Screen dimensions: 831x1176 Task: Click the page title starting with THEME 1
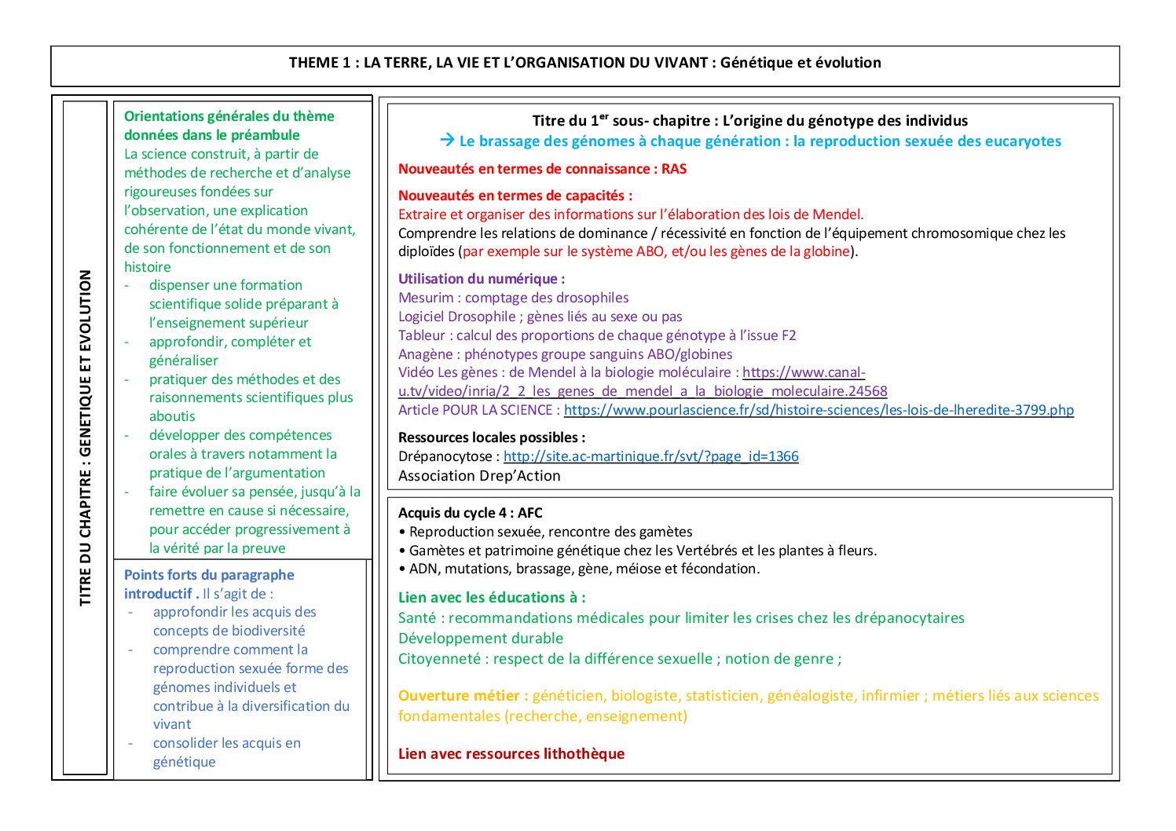[584, 63]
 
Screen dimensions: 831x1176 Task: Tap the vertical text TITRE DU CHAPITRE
[86, 437]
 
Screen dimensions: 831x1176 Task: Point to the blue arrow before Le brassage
[447, 141]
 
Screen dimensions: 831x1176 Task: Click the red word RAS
[674, 169]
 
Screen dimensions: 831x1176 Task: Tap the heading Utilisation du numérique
[481, 279]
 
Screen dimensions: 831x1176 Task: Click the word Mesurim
[426, 298]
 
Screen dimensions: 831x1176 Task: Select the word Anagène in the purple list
[427, 354]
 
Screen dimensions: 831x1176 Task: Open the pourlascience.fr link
[818, 410]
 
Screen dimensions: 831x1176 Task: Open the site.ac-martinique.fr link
[650, 456]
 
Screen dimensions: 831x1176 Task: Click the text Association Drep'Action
[479, 476]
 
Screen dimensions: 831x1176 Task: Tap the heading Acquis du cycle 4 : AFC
[470, 513]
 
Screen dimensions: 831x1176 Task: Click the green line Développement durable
[480, 639]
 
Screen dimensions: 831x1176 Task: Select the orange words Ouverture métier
[462, 696]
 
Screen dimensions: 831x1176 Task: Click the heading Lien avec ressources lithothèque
[511, 754]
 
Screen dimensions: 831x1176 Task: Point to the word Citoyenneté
[438, 659]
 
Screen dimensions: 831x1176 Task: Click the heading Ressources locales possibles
[491, 437]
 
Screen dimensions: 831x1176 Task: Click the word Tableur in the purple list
[422, 335]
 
